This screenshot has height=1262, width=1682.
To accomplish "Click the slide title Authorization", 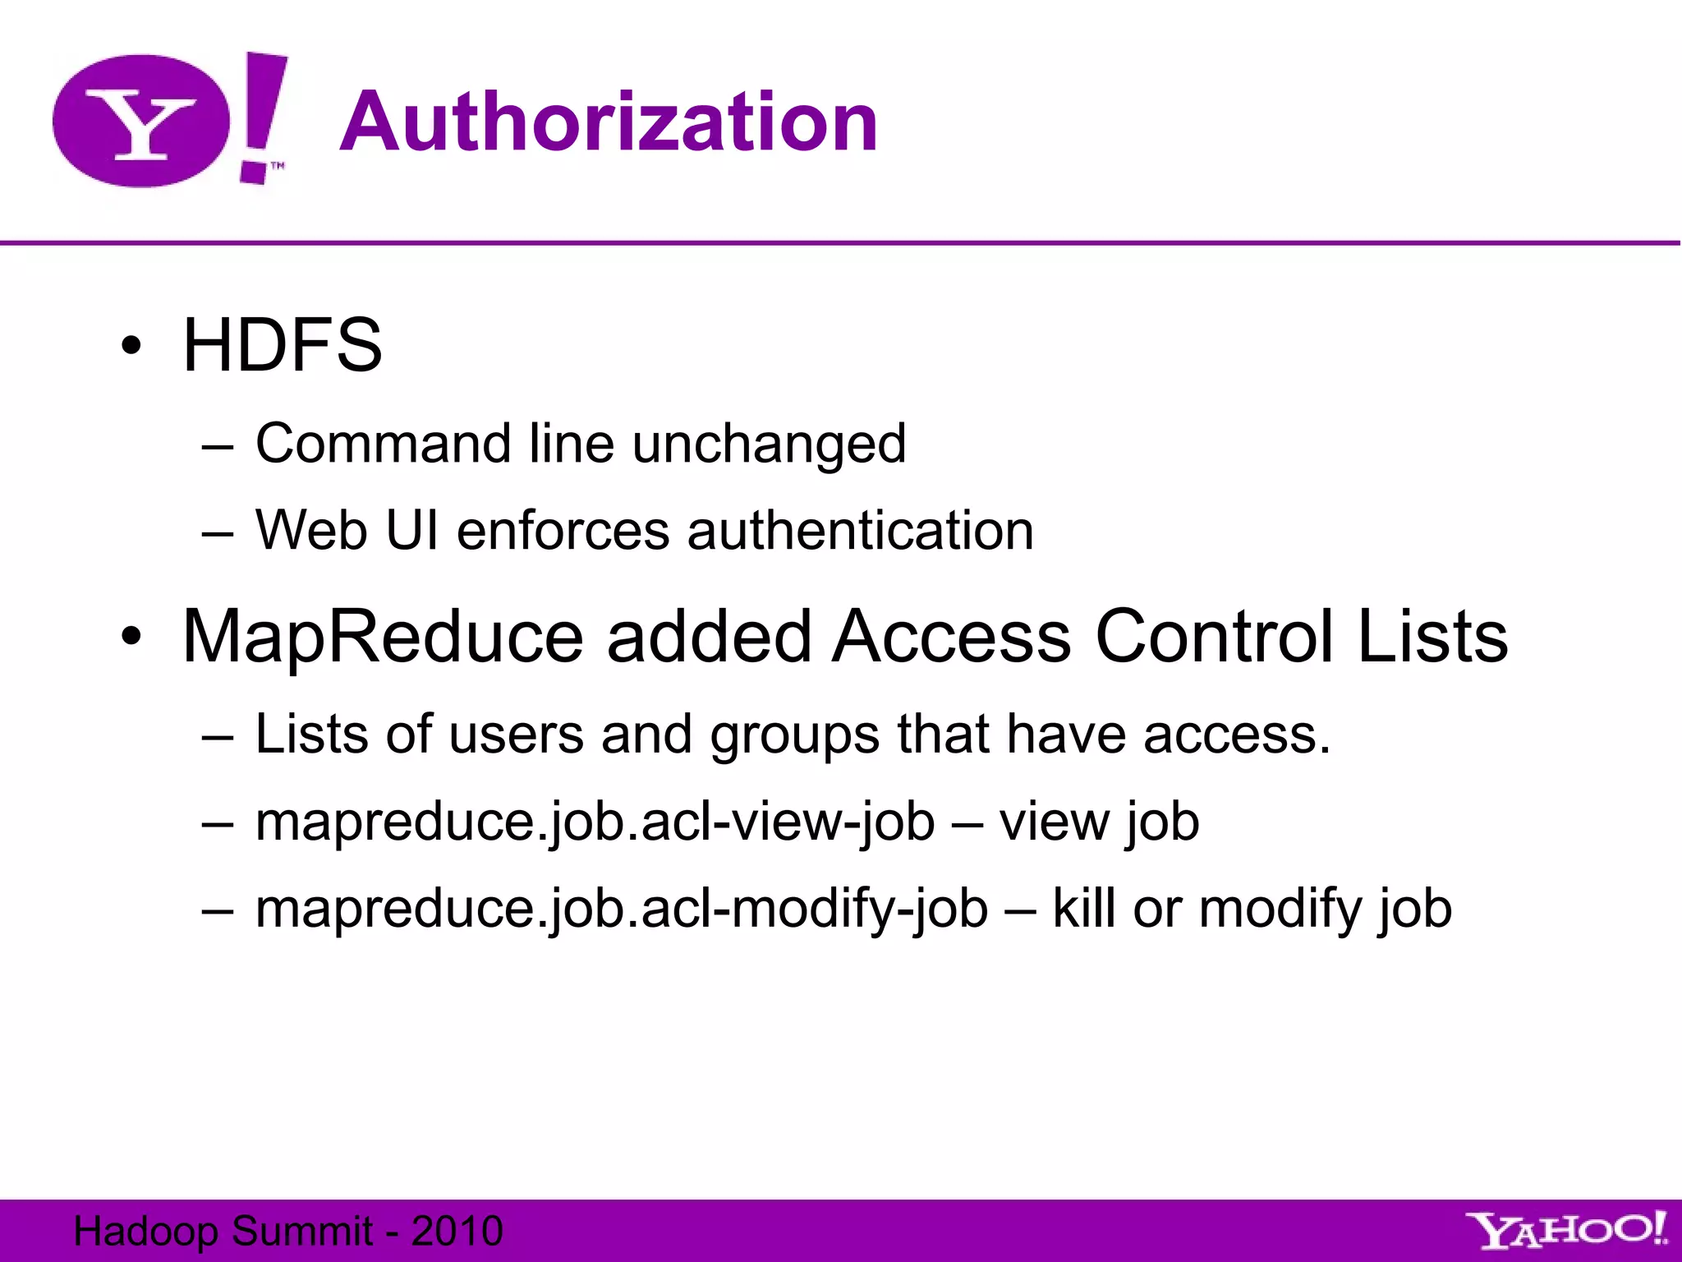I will tap(609, 122).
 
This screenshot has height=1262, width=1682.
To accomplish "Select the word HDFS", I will tap(282, 345).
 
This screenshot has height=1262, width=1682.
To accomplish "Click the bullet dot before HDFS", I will tap(131, 346).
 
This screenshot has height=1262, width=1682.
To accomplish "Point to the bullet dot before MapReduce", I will tap(131, 637).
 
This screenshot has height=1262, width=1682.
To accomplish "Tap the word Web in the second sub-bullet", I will tap(310, 530).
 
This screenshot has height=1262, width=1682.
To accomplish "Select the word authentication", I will tap(860, 530).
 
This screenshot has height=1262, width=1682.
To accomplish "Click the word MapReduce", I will tap(383, 637).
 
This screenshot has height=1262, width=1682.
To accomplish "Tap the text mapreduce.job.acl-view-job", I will tap(595, 822).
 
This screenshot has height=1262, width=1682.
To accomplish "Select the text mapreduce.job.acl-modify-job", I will tap(621, 909).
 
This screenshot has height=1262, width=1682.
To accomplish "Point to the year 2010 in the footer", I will tap(457, 1231).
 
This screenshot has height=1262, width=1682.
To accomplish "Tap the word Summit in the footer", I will tap(302, 1231).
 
